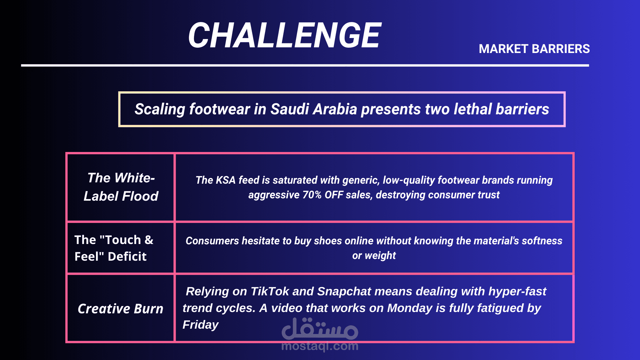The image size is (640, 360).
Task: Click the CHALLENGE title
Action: click(x=285, y=35)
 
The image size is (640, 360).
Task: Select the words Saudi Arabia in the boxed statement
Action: click(x=314, y=109)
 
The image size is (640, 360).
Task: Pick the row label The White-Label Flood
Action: click(x=121, y=187)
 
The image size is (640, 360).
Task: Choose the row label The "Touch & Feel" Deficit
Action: click(x=114, y=248)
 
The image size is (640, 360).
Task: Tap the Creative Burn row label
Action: click(x=121, y=309)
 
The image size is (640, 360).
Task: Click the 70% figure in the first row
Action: click(x=312, y=195)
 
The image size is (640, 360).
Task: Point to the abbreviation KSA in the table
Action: click(x=226, y=180)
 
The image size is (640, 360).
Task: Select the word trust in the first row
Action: click(x=488, y=195)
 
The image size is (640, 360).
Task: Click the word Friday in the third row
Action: click(x=200, y=325)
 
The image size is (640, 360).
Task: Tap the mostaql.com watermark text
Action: click(x=320, y=346)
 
